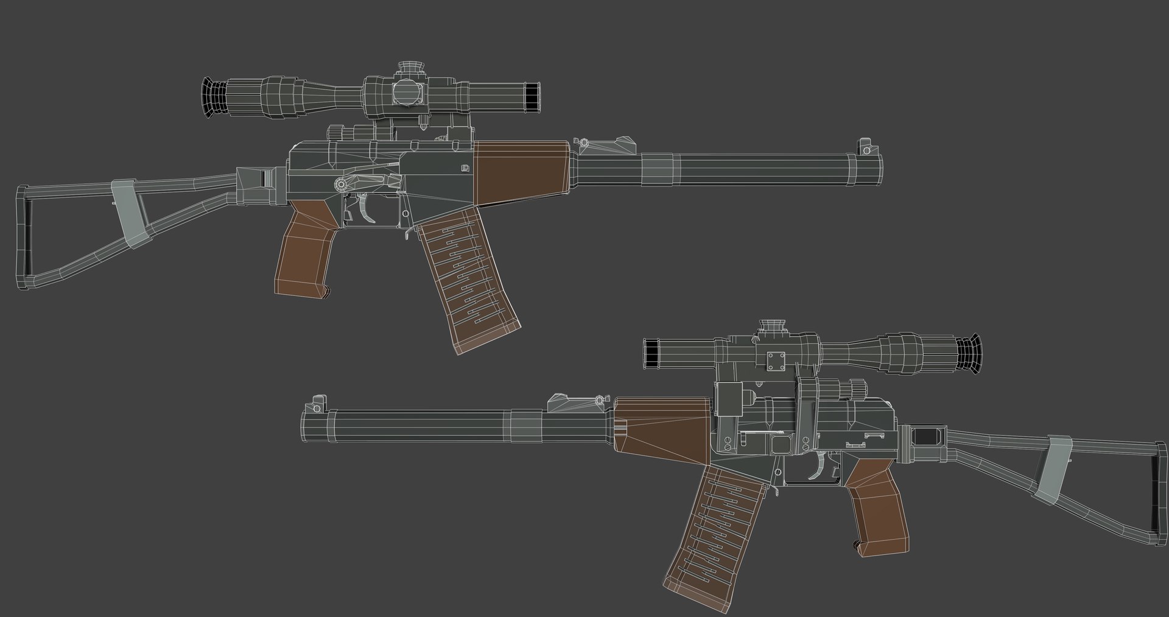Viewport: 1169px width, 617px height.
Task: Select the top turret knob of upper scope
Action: pos(412,66)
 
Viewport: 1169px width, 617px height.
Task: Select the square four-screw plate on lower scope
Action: pos(777,361)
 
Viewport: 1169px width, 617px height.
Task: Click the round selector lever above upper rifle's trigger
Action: pos(341,183)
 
